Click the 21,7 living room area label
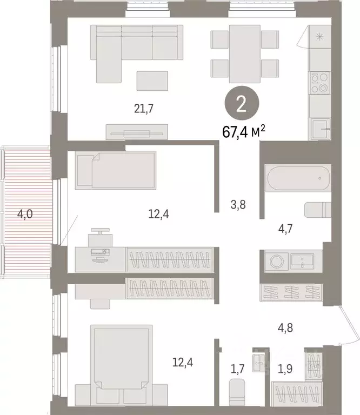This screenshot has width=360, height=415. tap(144, 109)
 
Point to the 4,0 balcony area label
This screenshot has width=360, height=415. tap(25, 215)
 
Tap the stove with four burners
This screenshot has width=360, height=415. tap(319, 83)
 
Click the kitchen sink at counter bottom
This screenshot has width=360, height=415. tap(321, 129)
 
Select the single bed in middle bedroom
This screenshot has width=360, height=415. tap(116, 169)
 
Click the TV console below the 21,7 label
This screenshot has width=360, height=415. tap(137, 132)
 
